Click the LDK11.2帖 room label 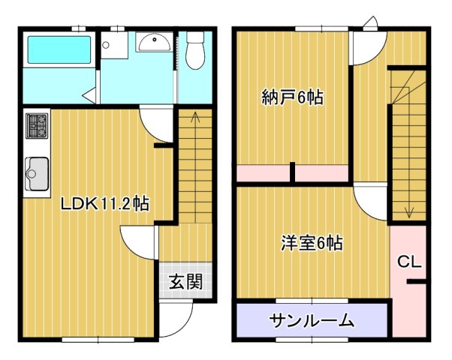(x=104, y=203)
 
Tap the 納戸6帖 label (x=292, y=97)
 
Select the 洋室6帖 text (x=312, y=243)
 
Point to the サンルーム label (x=312, y=321)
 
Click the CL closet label (x=408, y=262)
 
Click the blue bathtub (x=58, y=50)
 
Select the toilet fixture (x=194, y=50)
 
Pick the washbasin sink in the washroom (x=154, y=42)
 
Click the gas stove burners (x=37, y=125)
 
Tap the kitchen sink (x=36, y=176)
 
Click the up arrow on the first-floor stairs (x=195, y=116)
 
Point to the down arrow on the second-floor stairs (x=408, y=210)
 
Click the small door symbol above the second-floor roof (x=369, y=22)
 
